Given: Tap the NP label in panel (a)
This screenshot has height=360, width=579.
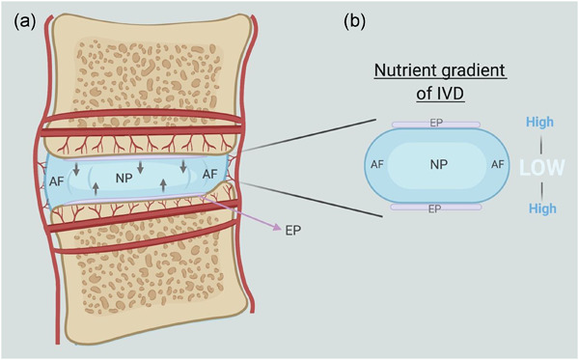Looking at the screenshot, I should (x=124, y=179).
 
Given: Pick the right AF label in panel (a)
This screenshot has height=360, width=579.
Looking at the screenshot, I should (x=209, y=175).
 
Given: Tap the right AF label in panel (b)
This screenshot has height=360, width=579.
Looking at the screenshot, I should (x=498, y=165).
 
